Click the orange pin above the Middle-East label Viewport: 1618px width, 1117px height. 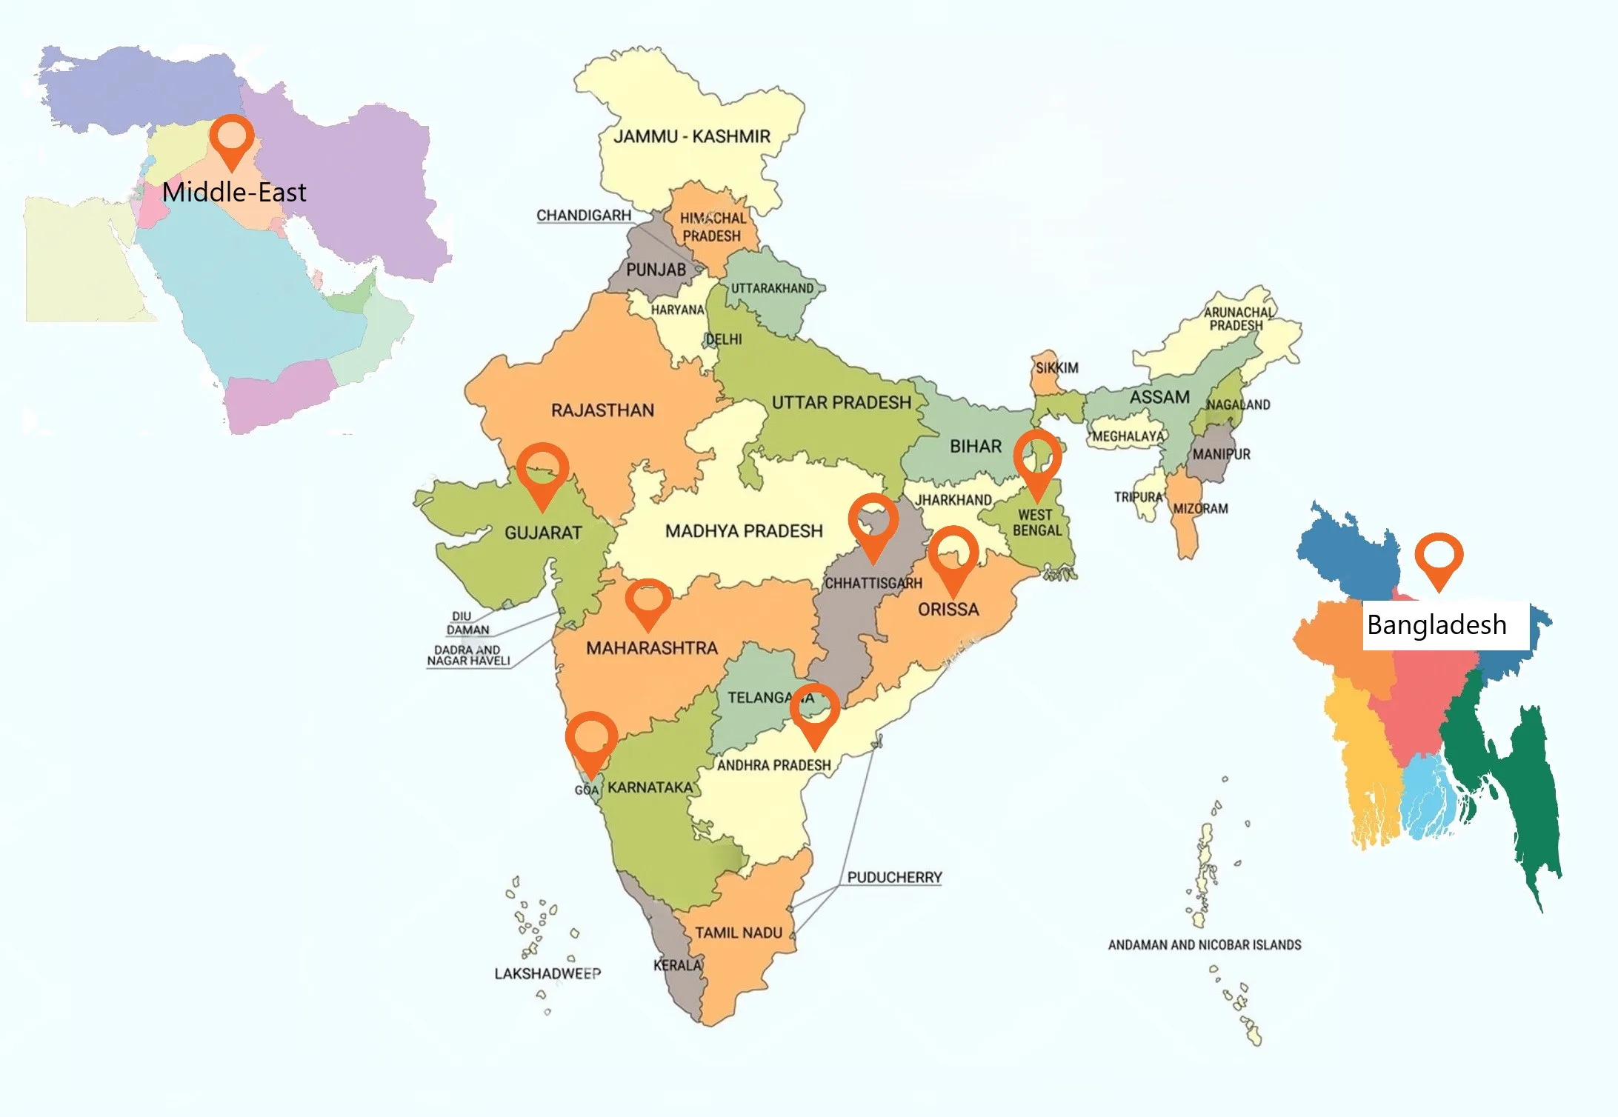pos(232,139)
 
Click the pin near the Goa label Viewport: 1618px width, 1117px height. pos(591,740)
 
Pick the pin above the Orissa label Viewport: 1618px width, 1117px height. pos(953,555)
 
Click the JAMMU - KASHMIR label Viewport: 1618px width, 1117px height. pos(692,136)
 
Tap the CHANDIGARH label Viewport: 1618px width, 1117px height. pos(584,216)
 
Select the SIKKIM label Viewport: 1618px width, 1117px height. pos(1056,368)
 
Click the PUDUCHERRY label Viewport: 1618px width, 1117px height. pos(894,878)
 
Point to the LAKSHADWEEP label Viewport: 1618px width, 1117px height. pos(547,973)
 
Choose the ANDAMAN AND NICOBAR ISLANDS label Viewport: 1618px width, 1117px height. pos(1204,945)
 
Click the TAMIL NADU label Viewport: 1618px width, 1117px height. pos(738,933)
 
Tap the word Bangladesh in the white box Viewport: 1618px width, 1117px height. pos(1436,625)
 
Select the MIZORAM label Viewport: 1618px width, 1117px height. pos(1200,509)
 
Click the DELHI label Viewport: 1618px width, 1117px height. pos(723,339)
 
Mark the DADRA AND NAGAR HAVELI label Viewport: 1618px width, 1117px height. pos(468,656)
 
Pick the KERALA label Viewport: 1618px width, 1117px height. pos(677,965)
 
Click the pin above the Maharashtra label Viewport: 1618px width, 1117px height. pos(648,601)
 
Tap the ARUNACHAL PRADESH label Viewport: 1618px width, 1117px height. pos(1237,319)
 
